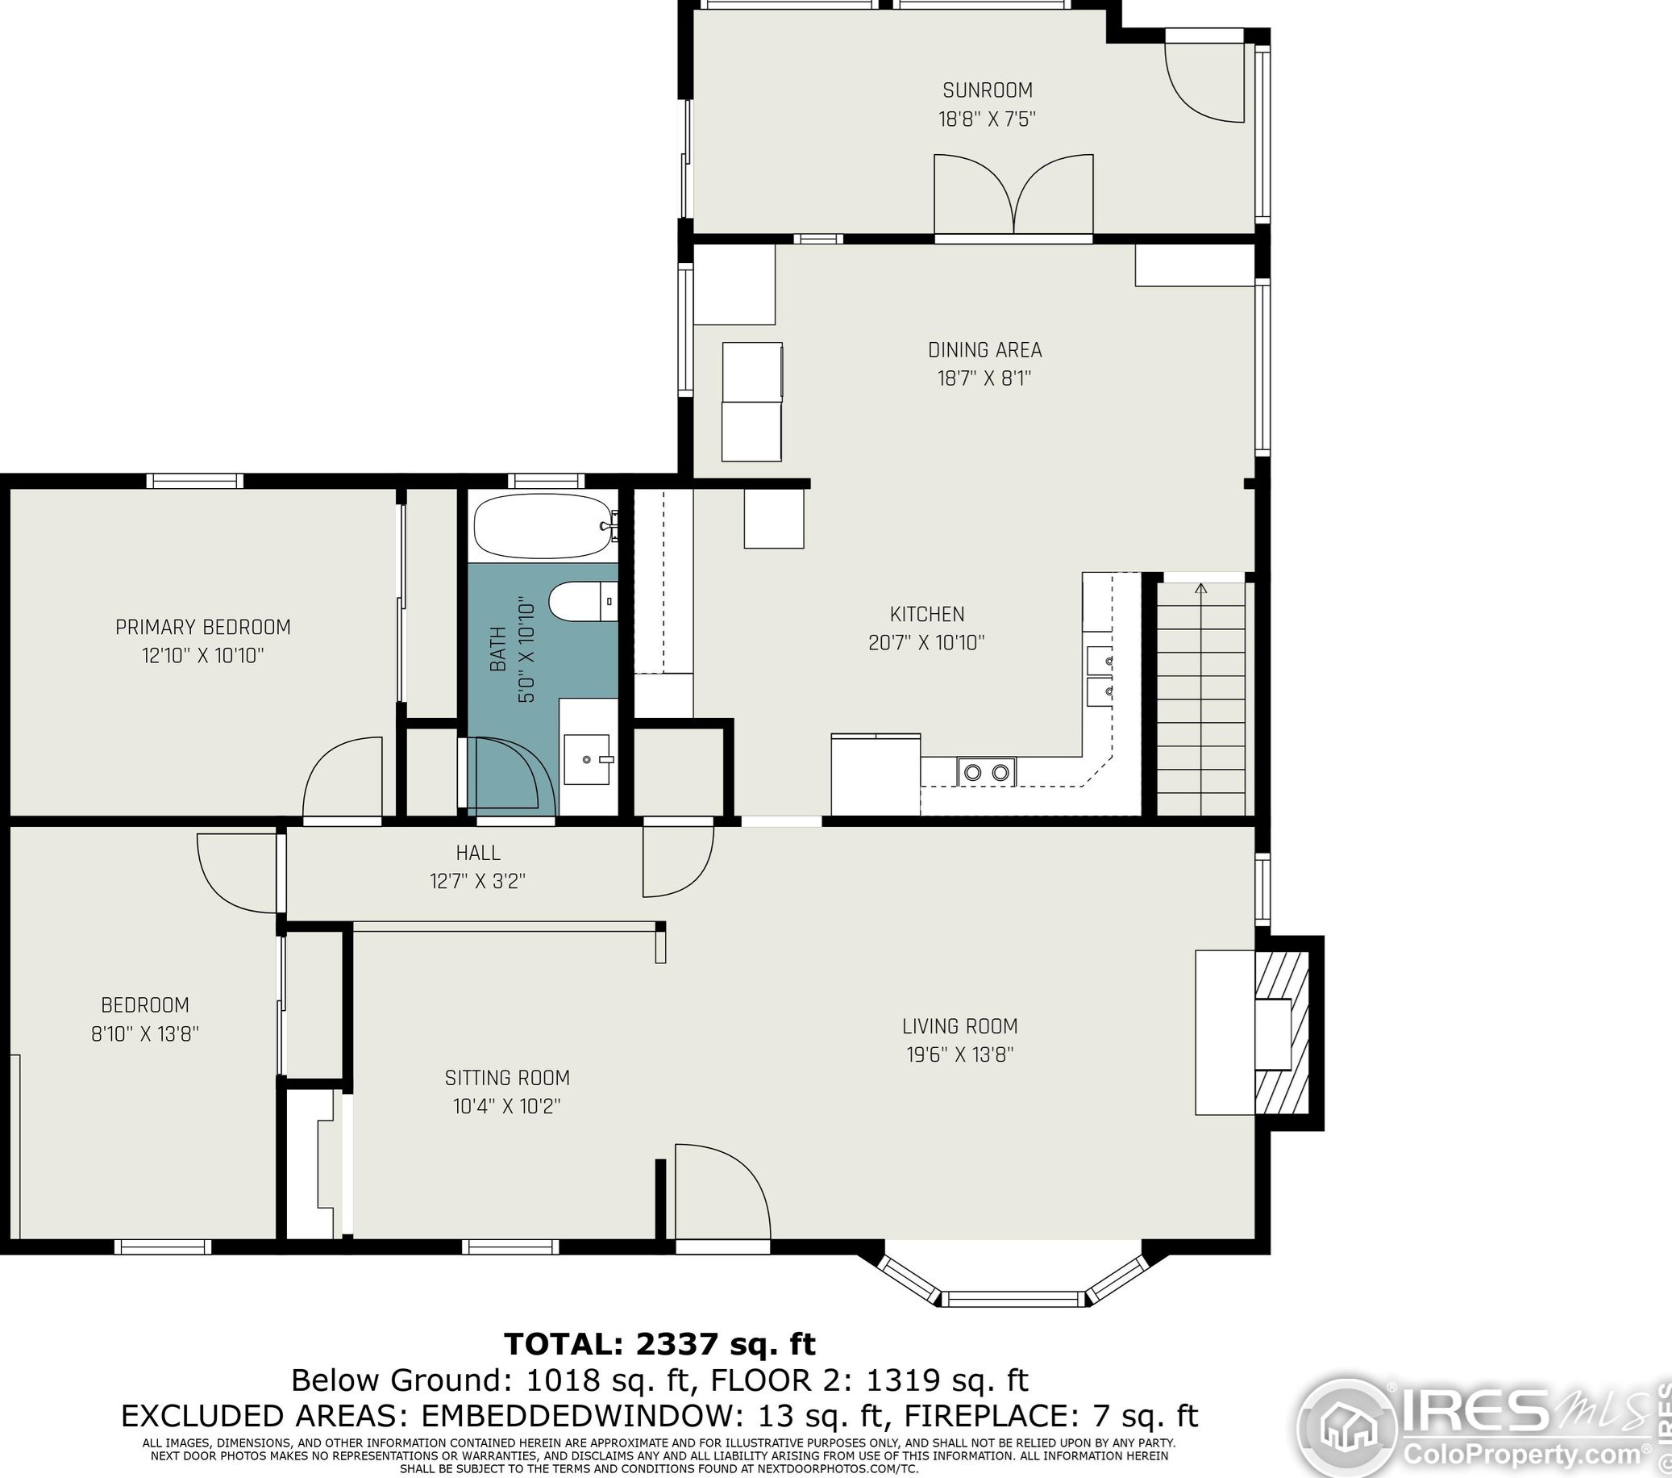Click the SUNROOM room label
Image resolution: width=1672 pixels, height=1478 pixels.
click(988, 90)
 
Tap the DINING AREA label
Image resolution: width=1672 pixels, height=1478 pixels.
click(985, 350)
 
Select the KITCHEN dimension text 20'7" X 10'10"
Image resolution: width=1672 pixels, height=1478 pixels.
click(926, 642)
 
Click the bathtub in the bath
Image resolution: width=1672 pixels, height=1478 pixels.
click(545, 525)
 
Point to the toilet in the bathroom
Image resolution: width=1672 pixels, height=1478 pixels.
click(583, 602)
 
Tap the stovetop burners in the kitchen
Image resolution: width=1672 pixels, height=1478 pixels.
click(986, 771)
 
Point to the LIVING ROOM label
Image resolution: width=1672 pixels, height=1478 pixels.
click(960, 1026)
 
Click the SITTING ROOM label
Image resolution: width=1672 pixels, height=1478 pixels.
click(507, 1078)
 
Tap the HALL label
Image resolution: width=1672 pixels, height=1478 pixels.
click(479, 853)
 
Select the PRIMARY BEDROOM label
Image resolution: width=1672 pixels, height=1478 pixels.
click(203, 627)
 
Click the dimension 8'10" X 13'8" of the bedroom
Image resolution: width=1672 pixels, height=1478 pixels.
click(145, 1033)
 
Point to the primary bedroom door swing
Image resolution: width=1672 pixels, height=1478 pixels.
click(342, 778)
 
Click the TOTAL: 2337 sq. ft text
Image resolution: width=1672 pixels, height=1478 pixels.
click(659, 1344)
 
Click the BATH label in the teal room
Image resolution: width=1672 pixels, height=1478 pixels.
click(498, 649)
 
